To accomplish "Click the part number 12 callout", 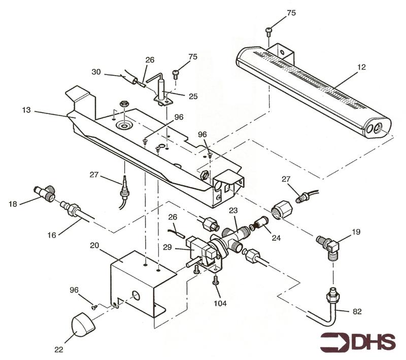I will (361, 66).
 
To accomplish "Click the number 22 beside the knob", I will (60, 349).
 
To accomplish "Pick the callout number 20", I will (94, 244).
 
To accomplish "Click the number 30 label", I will (96, 73).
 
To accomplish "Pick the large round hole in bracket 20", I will (137, 295).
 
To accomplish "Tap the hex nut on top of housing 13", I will (122, 104).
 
